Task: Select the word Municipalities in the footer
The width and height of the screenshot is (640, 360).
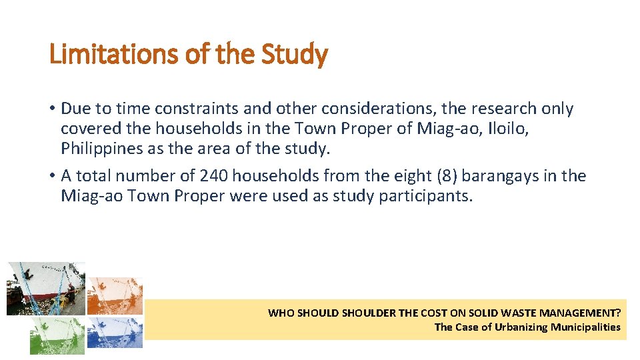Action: coord(585,327)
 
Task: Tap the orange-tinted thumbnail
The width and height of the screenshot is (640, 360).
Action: coord(115,295)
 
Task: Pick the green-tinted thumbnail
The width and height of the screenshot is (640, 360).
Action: coord(57,335)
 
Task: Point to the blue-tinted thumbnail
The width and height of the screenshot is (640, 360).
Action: coord(115,331)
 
